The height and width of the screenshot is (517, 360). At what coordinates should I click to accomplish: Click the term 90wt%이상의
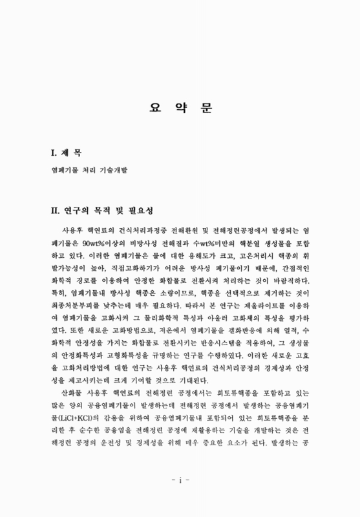tap(89, 240)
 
